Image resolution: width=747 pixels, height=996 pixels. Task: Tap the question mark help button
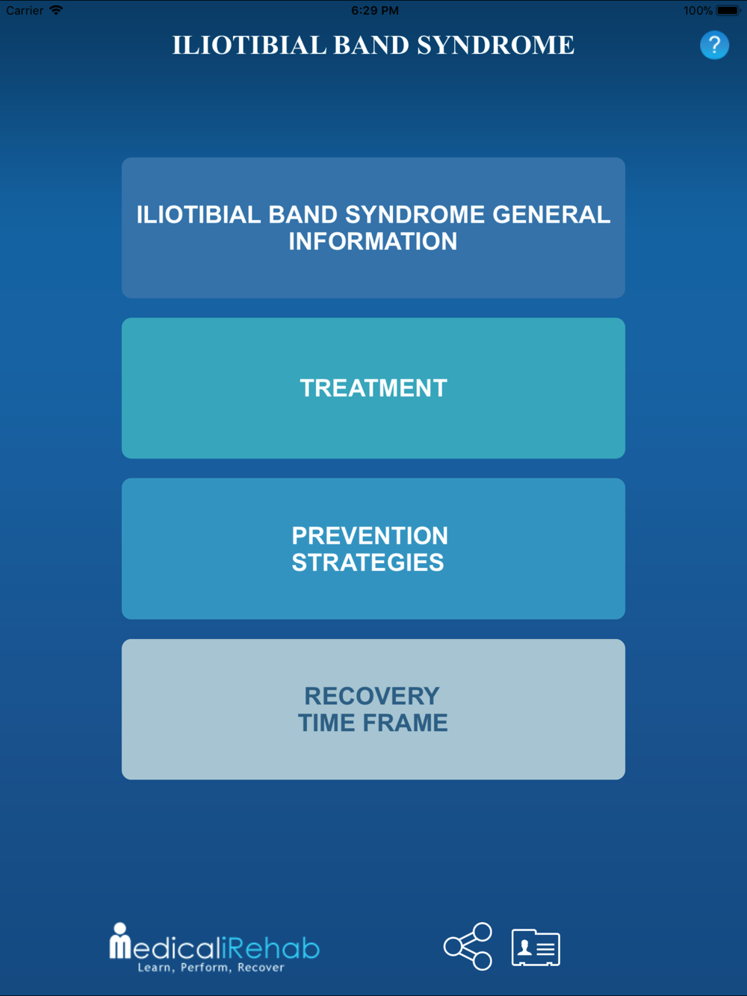click(x=714, y=45)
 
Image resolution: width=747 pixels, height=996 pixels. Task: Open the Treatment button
click(x=373, y=388)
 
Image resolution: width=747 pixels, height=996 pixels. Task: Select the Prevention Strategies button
click(x=373, y=549)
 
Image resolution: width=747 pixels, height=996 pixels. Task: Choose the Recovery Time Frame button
click(x=373, y=709)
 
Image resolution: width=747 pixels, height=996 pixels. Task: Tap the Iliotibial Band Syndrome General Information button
click(x=373, y=228)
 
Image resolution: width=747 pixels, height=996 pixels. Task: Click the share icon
click(x=468, y=946)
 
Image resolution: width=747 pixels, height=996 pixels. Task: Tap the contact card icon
click(x=536, y=947)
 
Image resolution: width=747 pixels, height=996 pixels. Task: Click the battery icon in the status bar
click(x=728, y=10)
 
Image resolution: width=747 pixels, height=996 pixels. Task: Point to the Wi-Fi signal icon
click(x=56, y=10)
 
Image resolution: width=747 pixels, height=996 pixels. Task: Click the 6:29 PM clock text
click(x=375, y=10)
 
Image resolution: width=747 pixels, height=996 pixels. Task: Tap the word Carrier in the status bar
click(x=25, y=10)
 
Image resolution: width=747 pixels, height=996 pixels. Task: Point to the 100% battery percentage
click(x=698, y=10)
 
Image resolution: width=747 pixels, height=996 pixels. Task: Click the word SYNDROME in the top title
click(x=495, y=46)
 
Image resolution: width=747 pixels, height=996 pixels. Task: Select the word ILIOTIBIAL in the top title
click(x=249, y=46)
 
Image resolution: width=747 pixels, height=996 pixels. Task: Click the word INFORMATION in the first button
click(x=373, y=241)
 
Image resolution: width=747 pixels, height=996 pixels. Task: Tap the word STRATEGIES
click(x=368, y=562)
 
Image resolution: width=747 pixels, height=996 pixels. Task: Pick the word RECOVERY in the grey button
click(x=372, y=696)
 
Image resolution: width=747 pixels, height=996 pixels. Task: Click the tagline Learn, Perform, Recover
click(x=211, y=968)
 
